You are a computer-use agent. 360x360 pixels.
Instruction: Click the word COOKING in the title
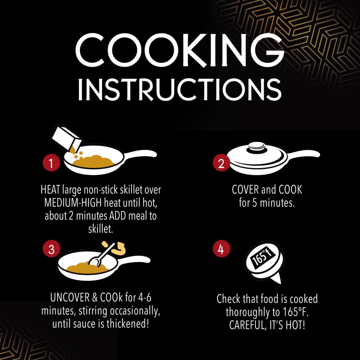[x=180, y=50]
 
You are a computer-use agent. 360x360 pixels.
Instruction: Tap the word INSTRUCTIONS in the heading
[x=180, y=90]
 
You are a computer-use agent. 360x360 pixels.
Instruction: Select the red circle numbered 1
[x=51, y=163]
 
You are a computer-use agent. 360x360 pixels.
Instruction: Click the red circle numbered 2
[x=221, y=163]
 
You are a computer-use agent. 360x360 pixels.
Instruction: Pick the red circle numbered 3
[x=51, y=249]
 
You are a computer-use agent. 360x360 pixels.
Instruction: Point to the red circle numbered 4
[x=221, y=249]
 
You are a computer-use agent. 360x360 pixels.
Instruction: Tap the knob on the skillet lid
[x=257, y=147]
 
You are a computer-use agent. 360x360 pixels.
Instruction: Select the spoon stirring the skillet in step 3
[x=101, y=255]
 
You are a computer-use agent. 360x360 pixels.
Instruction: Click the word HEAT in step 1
[x=50, y=190]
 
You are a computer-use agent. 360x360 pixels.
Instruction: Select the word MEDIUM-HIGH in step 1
[x=73, y=203]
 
